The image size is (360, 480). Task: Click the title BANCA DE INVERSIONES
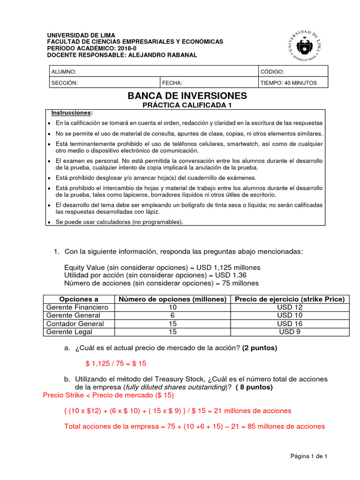click(187, 96)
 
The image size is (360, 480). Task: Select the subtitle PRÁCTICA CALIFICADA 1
click(187, 105)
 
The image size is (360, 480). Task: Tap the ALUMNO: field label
click(64, 72)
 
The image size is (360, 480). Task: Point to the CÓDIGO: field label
click(272, 72)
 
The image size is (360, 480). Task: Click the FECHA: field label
click(172, 83)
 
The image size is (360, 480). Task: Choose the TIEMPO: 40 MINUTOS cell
click(289, 83)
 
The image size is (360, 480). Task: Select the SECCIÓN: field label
click(65, 83)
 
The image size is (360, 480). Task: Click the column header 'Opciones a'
click(79, 299)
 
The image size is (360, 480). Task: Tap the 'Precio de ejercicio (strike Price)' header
click(290, 299)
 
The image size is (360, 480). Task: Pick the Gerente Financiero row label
click(77, 307)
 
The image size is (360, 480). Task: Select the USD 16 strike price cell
click(290, 324)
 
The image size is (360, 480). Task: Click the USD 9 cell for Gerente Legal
click(290, 332)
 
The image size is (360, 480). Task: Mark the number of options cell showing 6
click(172, 315)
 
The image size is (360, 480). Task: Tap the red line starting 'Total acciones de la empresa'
click(194, 427)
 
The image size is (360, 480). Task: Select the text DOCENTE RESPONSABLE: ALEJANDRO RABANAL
click(122, 55)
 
